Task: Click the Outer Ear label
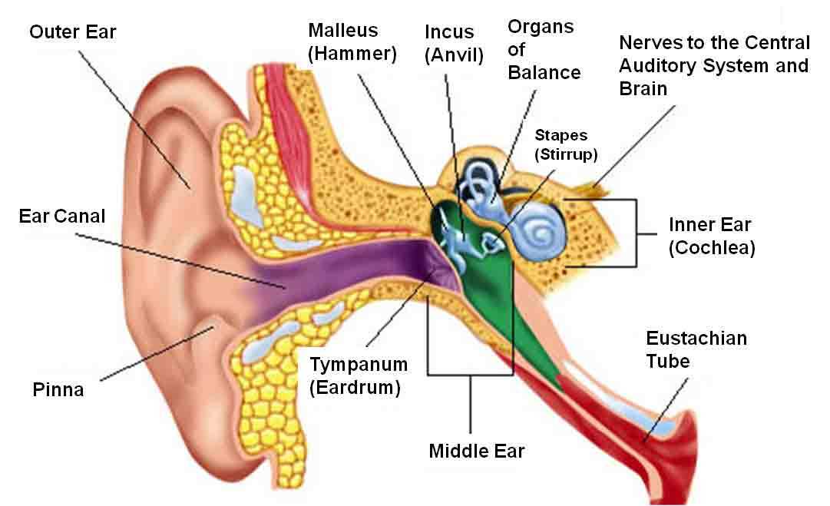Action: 72,31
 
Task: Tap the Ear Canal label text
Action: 62,216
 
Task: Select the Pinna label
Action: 58,389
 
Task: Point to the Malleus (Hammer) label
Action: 352,41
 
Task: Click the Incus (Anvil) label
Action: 454,44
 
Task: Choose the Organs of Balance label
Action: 544,49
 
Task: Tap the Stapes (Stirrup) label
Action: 566,144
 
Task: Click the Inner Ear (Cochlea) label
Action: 712,236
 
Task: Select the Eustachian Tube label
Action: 696,349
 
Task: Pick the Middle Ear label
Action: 476,451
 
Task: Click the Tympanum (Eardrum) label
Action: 359,375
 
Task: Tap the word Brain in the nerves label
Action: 643,88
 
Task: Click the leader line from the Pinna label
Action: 157,353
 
